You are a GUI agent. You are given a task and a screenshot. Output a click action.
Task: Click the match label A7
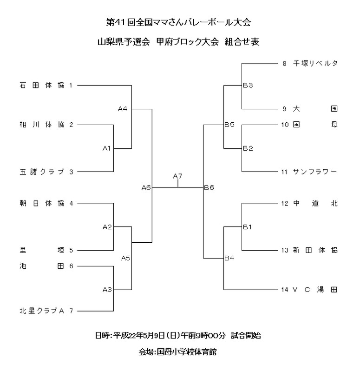click(x=177, y=176)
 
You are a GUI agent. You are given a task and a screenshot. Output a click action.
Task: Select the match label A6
click(x=146, y=188)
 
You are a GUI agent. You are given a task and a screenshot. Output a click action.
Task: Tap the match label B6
click(x=209, y=188)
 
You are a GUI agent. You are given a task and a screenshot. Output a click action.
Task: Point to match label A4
click(x=123, y=109)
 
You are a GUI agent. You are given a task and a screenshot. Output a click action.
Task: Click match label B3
click(x=248, y=86)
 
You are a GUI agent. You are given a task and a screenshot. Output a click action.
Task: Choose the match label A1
click(x=107, y=148)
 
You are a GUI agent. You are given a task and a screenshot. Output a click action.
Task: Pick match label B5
click(x=229, y=125)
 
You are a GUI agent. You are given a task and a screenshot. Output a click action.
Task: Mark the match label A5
click(x=126, y=258)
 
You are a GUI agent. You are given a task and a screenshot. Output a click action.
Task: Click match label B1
click(x=248, y=227)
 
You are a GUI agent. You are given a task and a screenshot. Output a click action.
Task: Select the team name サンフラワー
click(x=315, y=172)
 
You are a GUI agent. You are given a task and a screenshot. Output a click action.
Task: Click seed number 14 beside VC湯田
click(x=285, y=290)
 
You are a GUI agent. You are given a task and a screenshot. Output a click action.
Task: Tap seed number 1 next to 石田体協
click(x=71, y=85)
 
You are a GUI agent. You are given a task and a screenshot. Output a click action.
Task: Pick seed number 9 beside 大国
click(x=284, y=109)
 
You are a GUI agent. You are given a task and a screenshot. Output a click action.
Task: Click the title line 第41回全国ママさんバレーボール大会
click(x=179, y=22)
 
